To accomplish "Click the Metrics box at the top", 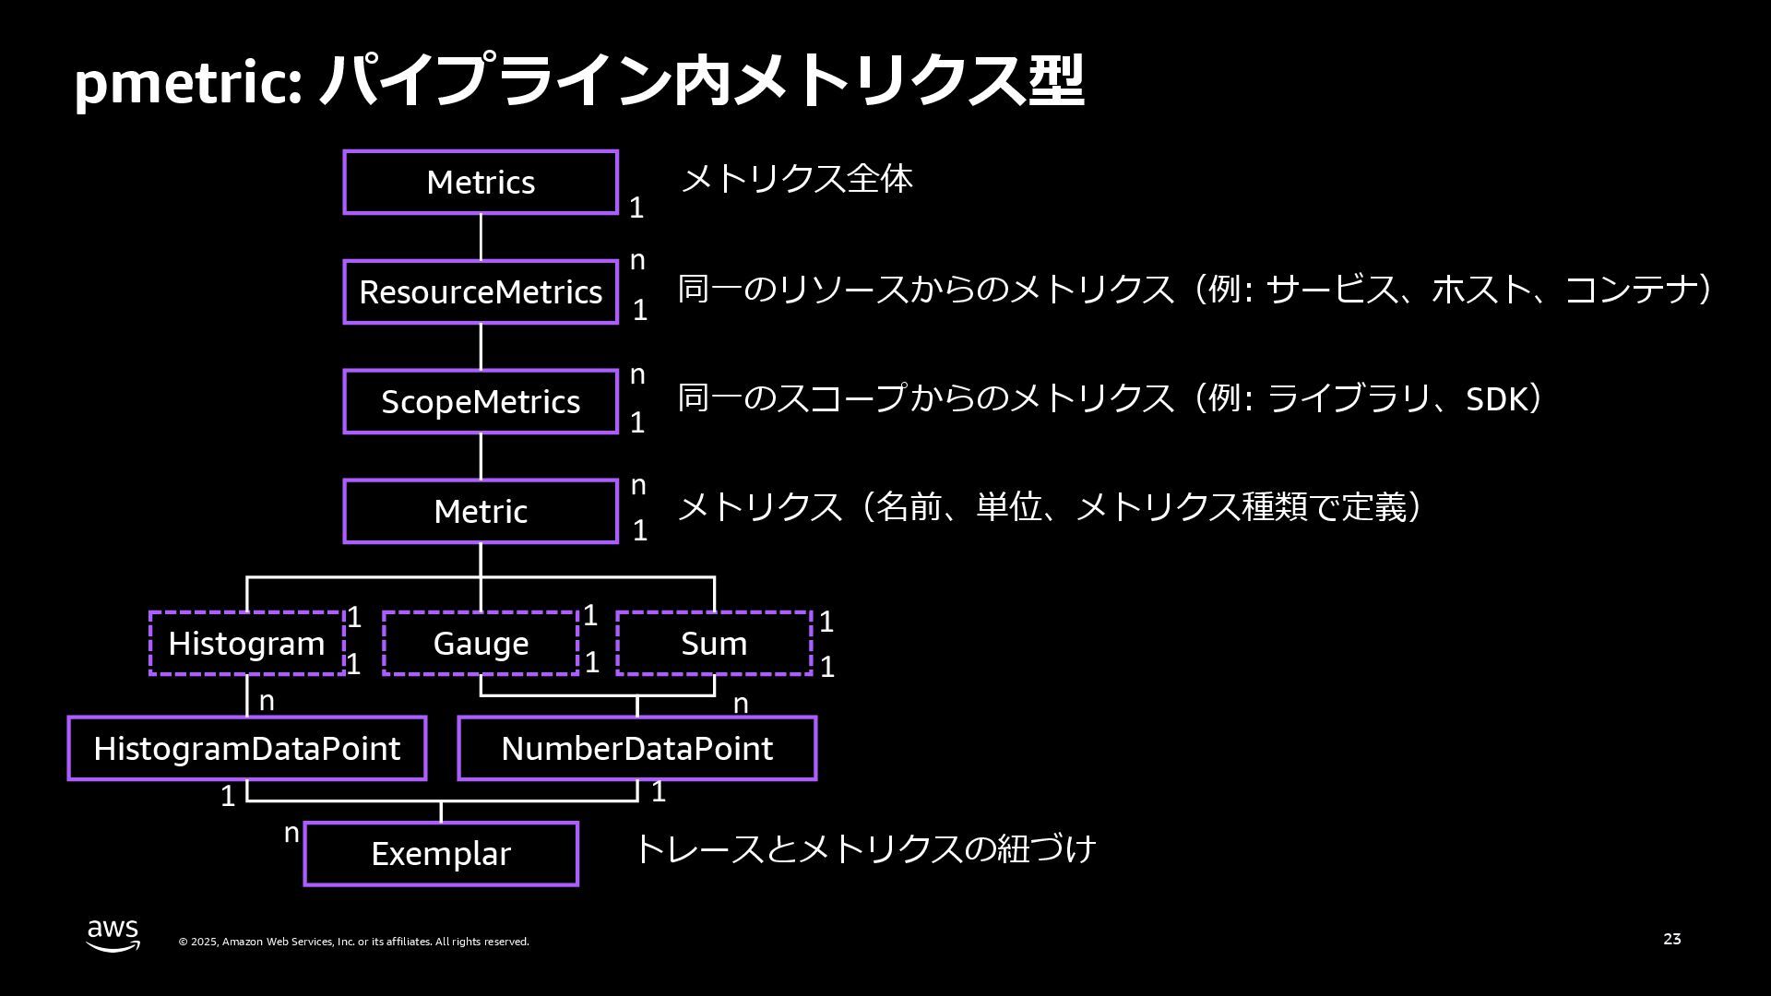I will [481, 183].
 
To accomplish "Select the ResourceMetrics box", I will [481, 292].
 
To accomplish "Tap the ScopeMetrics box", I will [481, 402].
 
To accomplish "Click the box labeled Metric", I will [481, 511].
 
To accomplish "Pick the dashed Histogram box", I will [246, 644].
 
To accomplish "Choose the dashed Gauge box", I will [481, 644].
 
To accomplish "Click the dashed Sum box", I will [714, 644].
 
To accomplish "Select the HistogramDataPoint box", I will [246, 749].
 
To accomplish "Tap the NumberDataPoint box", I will [636, 749].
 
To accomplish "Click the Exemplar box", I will [441, 854].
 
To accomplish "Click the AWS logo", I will [113, 935].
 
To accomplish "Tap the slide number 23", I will [1671, 939].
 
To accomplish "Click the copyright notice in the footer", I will [353, 942].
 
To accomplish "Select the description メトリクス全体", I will [796, 179].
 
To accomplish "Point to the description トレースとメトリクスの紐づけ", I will [865, 848].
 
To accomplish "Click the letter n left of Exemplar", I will [291, 834].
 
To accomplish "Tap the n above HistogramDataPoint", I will [267, 702].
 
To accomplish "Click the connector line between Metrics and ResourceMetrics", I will [481, 237].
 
